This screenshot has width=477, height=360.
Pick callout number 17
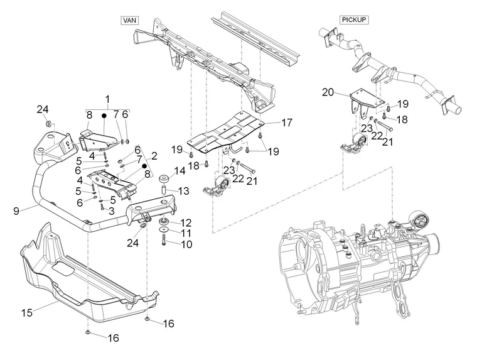(286, 123)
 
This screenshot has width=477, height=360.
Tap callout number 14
(180, 170)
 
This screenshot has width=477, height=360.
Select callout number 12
(186, 222)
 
